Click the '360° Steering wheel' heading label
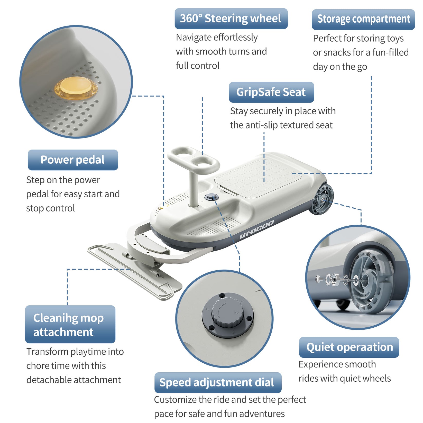[231, 19]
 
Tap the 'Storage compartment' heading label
[363, 19]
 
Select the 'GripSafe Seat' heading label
[271, 92]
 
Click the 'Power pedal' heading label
[73, 160]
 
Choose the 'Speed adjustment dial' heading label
[217, 382]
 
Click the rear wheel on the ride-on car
[321, 199]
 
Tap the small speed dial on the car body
[212, 197]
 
